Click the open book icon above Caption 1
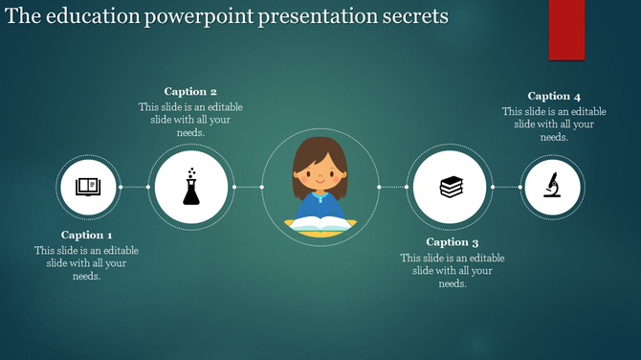tap(88, 186)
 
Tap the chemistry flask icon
tap(191, 187)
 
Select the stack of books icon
tap(450, 187)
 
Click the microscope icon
tap(552, 186)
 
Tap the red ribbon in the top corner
tap(566, 29)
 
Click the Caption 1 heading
tap(87, 235)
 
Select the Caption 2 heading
tap(190, 92)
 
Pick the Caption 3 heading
tap(453, 242)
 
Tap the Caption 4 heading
tap(554, 96)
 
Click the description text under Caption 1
tap(87, 263)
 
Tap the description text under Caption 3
tap(453, 271)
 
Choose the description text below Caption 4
tap(554, 124)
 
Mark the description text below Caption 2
tap(190, 120)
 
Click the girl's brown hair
tap(320, 148)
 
